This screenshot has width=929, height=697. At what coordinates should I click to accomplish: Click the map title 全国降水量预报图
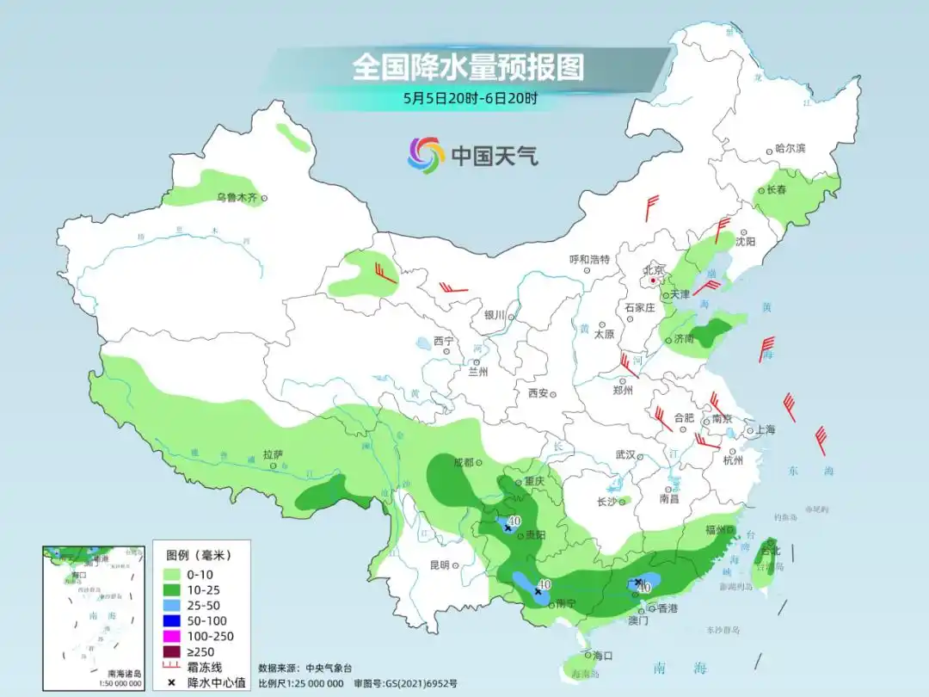[x=469, y=67]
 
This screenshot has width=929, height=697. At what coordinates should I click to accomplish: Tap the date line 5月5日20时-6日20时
[x=470, y=98]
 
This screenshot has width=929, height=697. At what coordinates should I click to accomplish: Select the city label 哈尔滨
[x=790, y=149]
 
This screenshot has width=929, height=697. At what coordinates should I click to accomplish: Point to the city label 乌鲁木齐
[x=237, y=198]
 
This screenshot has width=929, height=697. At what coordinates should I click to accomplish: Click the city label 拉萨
[x=273, y=453]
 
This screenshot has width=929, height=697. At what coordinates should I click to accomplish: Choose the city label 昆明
[x=439, y=565]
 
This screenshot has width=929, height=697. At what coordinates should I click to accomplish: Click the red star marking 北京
[x=654, y=281]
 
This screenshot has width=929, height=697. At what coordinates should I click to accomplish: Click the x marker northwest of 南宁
[x=538, y=592]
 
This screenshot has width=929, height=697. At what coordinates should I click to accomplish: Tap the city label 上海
[x=764, y=430]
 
